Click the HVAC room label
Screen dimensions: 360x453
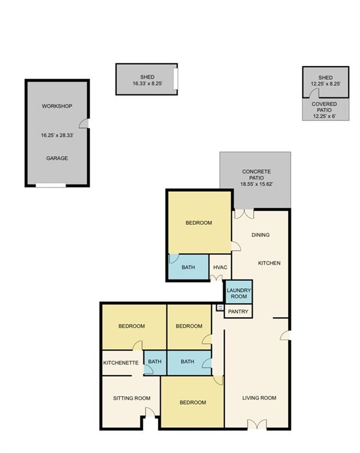point(220,268)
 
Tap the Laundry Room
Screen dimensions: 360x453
point(239,292)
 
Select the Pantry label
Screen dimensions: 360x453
point(238,311)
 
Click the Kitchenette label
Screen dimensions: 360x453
point(121,363)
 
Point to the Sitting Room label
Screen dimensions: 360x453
point(131,398)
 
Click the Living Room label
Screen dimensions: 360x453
point(259,398)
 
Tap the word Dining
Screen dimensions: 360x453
point(260,235)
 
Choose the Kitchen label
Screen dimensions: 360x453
point(269,263)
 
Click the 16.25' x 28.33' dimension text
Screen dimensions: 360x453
point(57,135)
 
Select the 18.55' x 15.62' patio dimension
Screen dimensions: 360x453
point(256,184)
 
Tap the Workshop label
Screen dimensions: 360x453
point(57,106)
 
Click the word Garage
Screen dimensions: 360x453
point(57,158)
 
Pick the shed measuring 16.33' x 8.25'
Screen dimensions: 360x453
point(147,79)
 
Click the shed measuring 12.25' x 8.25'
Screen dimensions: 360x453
point(326,82)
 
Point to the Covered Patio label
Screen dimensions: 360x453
point(324,107)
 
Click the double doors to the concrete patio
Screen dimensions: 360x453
point(245,214)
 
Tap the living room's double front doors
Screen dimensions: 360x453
point(257,425)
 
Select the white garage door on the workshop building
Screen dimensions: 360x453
point(51,185)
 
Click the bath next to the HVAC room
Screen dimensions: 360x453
point(188,267)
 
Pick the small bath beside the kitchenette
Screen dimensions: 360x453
point(155,362)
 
